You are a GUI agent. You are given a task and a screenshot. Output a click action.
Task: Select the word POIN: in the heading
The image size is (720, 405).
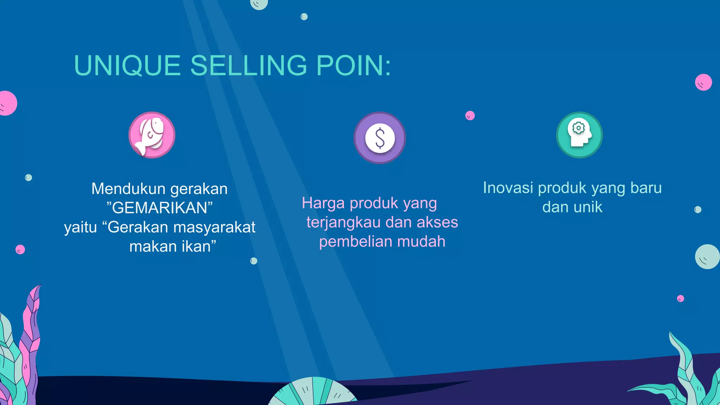point(353,66)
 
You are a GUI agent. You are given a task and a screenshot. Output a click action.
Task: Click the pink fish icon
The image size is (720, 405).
point(152,135)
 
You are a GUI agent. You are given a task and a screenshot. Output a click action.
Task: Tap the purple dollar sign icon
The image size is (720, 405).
point(380,138)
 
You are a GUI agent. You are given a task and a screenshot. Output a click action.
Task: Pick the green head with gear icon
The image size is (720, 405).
point(579,135)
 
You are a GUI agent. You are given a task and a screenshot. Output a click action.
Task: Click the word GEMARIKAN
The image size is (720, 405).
point(160,208)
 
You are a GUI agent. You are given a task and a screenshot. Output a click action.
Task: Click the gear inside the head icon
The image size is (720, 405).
point(578,128)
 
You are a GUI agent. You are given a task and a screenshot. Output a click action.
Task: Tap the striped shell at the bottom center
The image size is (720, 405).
point(313,392)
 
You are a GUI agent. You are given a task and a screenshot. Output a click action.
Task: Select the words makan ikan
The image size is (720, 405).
point(172,246)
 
